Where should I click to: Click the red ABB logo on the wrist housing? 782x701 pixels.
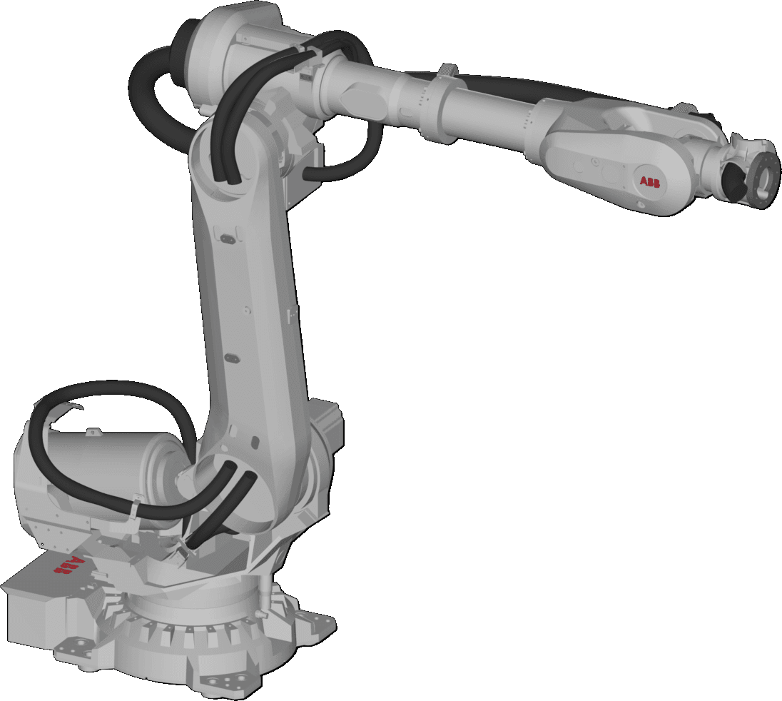650,183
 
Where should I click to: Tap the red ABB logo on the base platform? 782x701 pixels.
67,566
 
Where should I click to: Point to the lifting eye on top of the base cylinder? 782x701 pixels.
92,433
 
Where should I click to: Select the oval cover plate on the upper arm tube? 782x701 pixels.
360,93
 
